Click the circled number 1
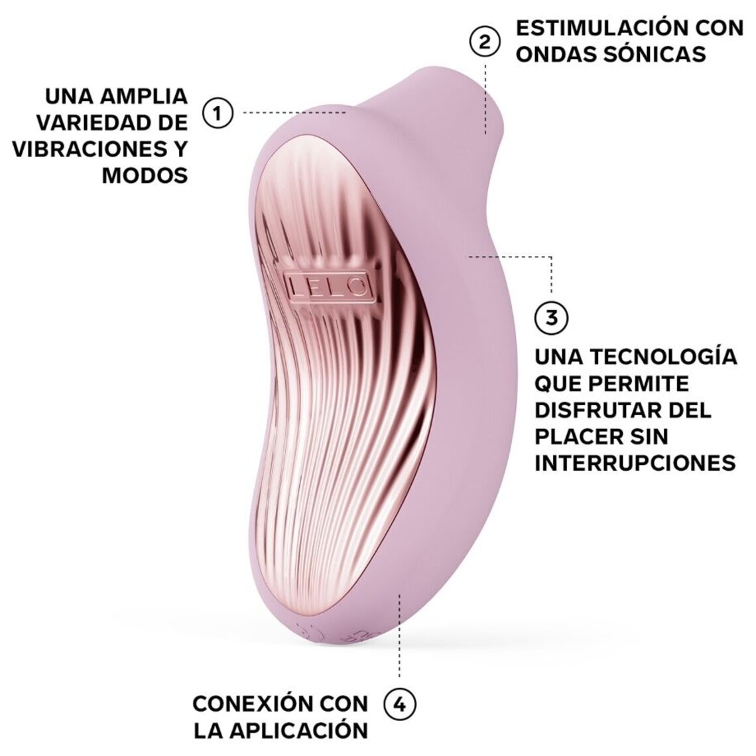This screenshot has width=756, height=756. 218,113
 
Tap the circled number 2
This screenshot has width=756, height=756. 485,41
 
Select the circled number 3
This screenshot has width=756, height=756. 551,318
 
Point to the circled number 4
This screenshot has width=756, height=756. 400,704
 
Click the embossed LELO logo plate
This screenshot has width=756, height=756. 328,286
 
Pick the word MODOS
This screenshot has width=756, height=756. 145,175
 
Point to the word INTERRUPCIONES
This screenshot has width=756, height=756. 635,462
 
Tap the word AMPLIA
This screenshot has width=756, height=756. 143,95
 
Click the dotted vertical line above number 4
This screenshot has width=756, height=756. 399,637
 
